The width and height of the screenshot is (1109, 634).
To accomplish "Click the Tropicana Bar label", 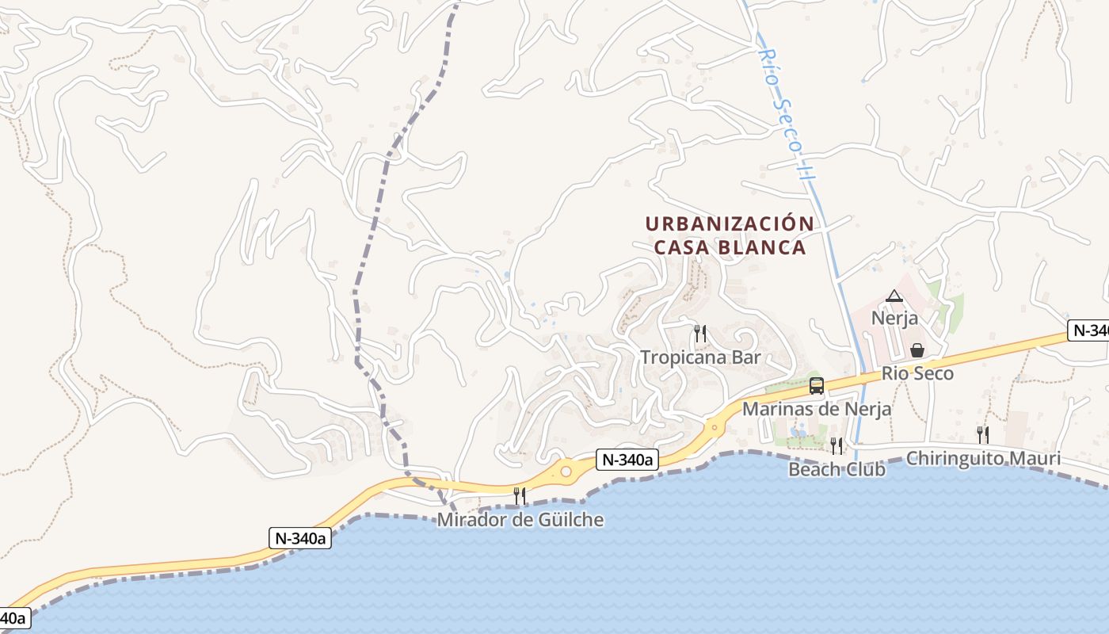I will coord(700,357).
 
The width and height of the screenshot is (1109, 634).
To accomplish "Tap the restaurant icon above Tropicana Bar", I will coord(699,333).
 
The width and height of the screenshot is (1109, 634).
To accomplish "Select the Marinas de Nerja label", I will coord(817,409).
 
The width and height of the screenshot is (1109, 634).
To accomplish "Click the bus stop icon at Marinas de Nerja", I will coord(817,386).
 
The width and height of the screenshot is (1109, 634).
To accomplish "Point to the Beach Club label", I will coord(837,469).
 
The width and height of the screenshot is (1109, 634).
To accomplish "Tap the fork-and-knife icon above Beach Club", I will coord(836,445).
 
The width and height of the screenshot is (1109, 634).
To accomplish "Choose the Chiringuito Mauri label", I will coord(983,459).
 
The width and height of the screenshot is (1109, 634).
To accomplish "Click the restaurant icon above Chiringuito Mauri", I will coord(982,434).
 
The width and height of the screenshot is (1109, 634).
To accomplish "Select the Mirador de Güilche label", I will coord(520,520).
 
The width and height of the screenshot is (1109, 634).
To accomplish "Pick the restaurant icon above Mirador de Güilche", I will coord(520,496).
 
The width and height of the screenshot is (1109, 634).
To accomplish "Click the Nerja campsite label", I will coord(894,319).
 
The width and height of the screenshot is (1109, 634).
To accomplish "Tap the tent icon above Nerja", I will coord(894,296).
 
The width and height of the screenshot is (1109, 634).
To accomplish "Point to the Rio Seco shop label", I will coord(917,373).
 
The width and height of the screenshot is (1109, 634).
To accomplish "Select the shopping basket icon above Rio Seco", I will coord(917,349).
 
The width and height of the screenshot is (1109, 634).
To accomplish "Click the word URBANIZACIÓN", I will coord(730,224).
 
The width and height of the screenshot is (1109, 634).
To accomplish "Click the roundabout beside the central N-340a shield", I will coord(566,472).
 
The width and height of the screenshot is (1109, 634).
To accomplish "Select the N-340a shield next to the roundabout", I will coord(627,460).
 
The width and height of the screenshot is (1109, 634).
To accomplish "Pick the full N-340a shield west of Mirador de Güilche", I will coord(299,538).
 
